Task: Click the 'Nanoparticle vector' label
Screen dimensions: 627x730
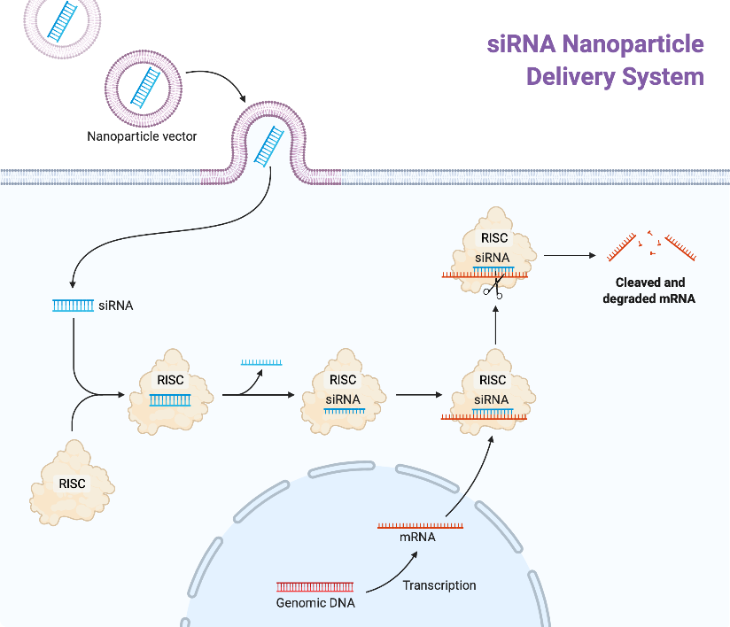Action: point(142,136)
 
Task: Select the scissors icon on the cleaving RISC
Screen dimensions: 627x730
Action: point(493,288)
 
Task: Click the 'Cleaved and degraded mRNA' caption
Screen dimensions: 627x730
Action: point(649,290)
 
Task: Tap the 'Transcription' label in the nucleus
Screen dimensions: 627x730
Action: point(439,585)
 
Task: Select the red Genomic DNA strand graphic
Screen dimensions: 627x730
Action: point(315,586)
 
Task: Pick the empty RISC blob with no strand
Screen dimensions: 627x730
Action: point(72,481)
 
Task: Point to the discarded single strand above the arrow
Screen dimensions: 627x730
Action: point(261,362)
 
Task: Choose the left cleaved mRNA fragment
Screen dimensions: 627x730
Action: point(624,248)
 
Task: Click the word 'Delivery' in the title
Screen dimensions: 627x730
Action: point(575,77)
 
